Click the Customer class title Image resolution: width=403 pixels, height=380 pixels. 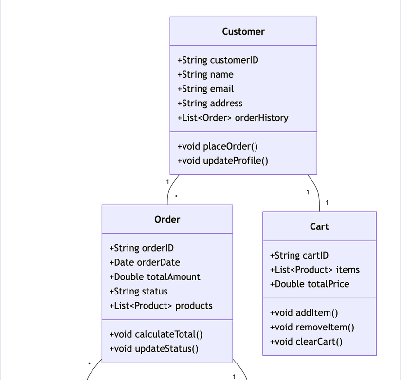point(243,32)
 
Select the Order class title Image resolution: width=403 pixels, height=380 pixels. point(167,220)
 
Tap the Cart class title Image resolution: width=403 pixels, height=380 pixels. point(319,227)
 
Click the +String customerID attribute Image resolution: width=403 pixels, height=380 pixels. point(218,60)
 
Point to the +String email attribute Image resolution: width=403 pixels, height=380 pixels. point(205,89)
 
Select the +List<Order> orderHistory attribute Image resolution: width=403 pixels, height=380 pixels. point(233,118)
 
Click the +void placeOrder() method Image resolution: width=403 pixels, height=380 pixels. point(218,146)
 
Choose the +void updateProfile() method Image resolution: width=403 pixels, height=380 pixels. point(222,161)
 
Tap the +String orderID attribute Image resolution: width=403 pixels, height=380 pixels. point(141,248)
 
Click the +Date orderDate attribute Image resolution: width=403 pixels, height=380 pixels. point(145,262)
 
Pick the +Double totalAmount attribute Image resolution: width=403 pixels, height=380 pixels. point(154,277)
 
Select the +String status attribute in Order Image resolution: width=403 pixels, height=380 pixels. point(138,292)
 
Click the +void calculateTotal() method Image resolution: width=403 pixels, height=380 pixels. point(156,334)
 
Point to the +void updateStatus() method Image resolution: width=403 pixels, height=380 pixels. point(154,349)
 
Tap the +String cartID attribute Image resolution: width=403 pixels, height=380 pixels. point(299,256)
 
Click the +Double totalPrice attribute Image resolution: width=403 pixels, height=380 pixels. point(309,284)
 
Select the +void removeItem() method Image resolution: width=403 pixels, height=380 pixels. point(312,328)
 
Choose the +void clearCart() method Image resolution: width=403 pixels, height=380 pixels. point(306,342)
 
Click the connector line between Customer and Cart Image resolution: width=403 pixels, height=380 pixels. point(317,192)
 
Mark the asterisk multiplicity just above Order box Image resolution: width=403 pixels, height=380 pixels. point(176,197)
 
